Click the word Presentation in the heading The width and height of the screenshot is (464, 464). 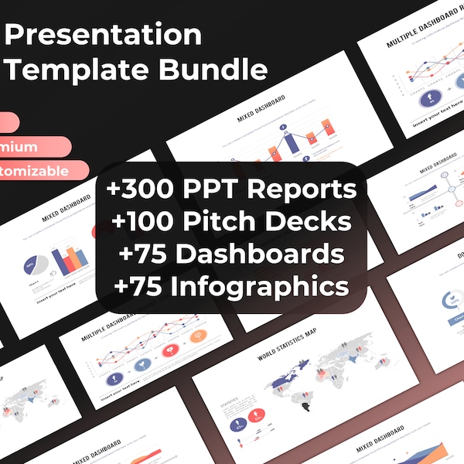(x=104, y=35)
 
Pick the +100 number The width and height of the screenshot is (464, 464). (x=144, y=222)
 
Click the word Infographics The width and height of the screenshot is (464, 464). (x=262, y=287)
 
